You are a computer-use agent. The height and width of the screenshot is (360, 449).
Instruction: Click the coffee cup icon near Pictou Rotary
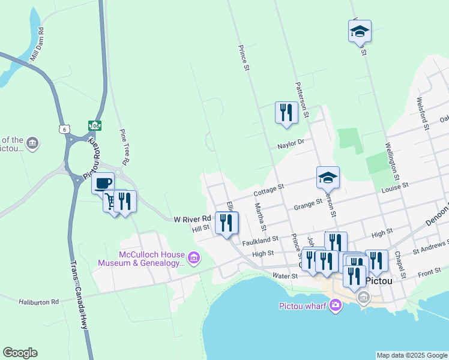pyautogui.click(x=103, y=182)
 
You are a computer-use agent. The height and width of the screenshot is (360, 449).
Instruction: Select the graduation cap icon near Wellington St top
pyautogui.click(x=360, y=31)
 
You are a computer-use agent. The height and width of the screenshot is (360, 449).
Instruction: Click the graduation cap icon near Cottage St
pyautogui.click(x=328, y=177)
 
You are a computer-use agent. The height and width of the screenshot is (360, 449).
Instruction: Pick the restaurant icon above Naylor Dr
pyautogui.click(x=286, y=112)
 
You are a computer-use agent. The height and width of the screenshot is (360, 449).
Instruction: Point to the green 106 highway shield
pyautogui.click(x=94, y=125)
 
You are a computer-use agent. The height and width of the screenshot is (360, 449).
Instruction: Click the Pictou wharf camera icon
pyautogui.click(x=335, y=307)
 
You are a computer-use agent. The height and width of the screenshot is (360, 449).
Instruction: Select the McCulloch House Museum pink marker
pyautogui.click(x=193, y=259)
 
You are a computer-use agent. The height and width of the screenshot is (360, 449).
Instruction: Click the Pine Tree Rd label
pyautogui.click(x=125, y=147)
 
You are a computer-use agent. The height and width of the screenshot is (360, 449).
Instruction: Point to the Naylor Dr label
pyautogui.click(x=291, y=145)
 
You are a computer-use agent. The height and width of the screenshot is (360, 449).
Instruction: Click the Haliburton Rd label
pyautogui.click(x=38, y=302)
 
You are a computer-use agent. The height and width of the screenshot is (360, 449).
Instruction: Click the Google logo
pyautogui.click(x=20, y=353)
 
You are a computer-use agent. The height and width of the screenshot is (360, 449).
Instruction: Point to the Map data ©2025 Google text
pyautogui.click(x=411, y=355)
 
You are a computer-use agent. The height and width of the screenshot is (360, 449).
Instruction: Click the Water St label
pyautogui.click(x=286, y=276)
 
